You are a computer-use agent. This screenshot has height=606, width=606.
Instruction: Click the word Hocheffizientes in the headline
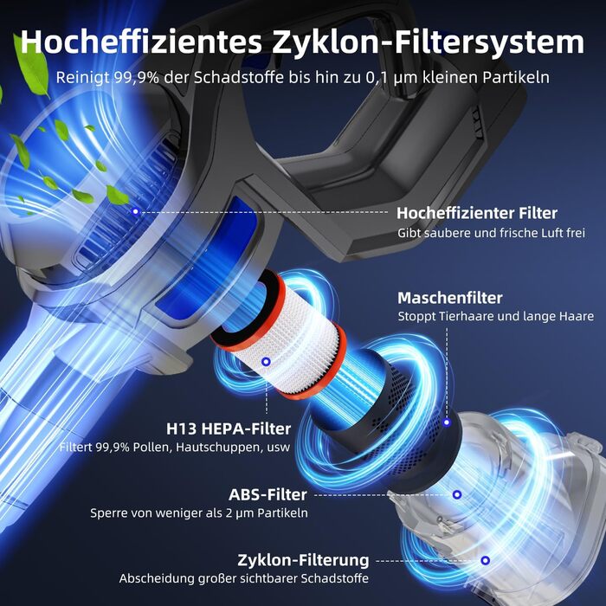[x=141, y=42]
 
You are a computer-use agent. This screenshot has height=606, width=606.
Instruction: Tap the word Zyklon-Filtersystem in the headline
[x=429, y=42]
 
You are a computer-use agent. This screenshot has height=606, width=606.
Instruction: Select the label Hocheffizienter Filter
[x=477, y=213]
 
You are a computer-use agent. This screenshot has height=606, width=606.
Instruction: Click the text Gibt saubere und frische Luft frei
[x=491, y=233]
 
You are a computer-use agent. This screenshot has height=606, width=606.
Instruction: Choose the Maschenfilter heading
[x=450, y=298]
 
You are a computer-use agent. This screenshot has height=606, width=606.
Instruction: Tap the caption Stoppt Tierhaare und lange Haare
[x=496, y=316]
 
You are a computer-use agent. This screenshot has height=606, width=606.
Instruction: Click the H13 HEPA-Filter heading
[x=229, y=429]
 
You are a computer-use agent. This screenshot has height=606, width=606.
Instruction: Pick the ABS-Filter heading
[x=268, y=494]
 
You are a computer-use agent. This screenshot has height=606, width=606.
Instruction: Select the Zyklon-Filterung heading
[x=303, y=560]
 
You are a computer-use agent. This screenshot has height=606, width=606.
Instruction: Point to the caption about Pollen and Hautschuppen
[x=175, y=448]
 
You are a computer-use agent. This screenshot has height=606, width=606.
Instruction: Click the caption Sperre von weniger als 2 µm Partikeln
[x=199, y=513]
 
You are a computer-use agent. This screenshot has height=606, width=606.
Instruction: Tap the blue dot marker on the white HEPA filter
[x=266, y=362]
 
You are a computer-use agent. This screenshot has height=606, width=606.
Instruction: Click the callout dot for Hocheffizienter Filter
[x=135, y=211]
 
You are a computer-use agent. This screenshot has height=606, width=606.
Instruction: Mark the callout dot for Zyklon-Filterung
[x=486, y=560]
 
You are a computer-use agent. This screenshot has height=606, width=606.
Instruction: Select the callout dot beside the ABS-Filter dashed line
[x=457, y=494]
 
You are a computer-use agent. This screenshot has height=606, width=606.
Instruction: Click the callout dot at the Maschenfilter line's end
[x=447, y=422]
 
